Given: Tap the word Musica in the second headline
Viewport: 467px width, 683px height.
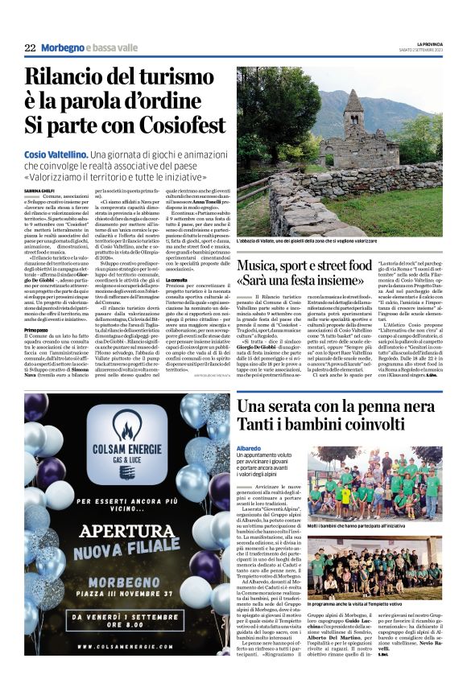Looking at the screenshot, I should [267, 264].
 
